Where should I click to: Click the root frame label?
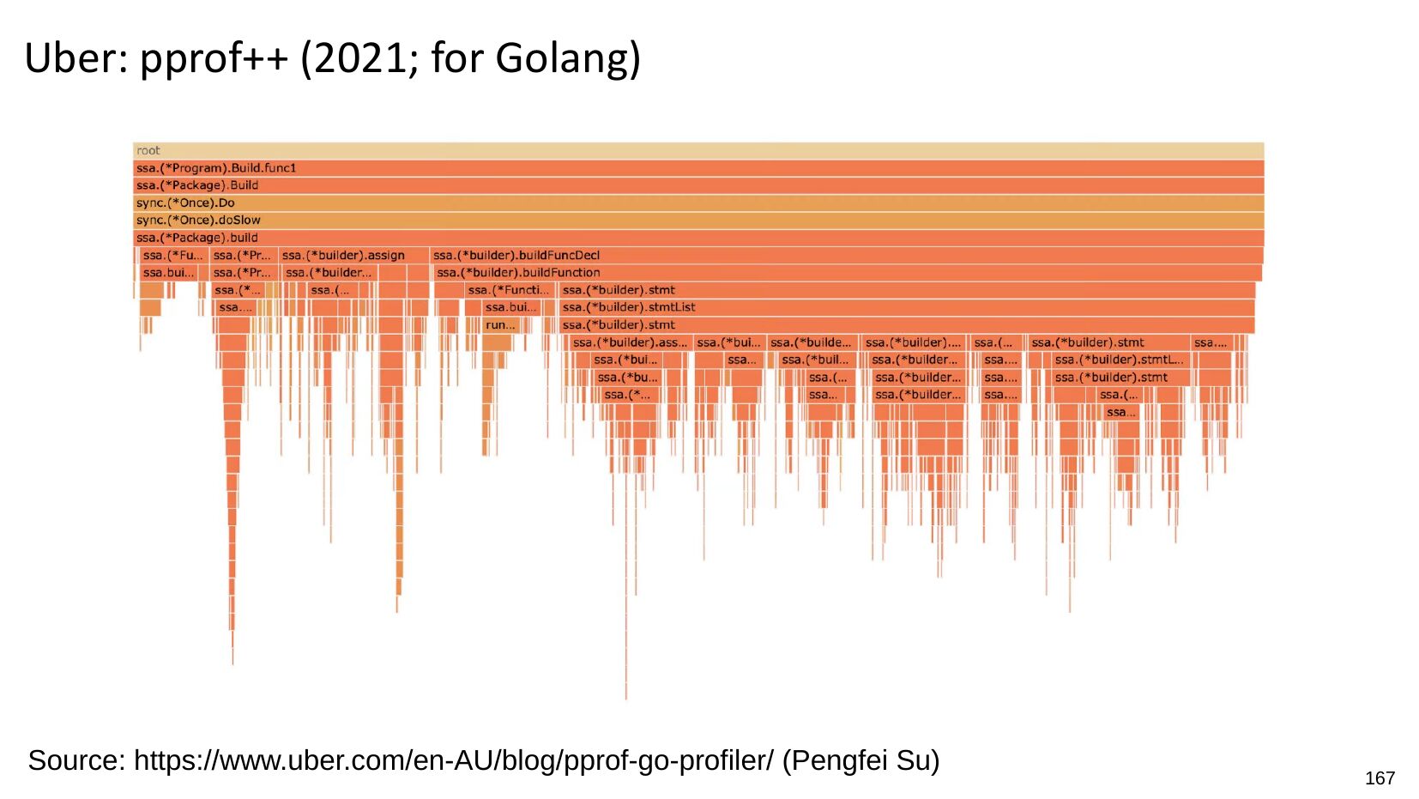[148, 151]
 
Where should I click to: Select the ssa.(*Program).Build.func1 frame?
[216, 168]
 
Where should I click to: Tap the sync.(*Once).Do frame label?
[185, 203]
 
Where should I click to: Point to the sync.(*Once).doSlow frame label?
[198, 221]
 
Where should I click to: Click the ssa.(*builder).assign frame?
[343, 256]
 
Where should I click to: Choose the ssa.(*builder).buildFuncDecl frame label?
[516, 256]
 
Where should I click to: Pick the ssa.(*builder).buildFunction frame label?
[518, 273]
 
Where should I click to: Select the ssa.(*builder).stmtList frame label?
[629, 307]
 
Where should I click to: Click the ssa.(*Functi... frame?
[508, 290]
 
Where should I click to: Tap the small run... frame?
[500, 325]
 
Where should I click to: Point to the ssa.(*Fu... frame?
[172, 256]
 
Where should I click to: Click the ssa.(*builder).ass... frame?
[630, 342]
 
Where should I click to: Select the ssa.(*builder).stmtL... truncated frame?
[1119, 360]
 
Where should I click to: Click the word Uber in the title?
[70, 58]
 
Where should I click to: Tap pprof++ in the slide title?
[214, 58]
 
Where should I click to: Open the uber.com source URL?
[454, 760]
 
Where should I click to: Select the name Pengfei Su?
[860, 760]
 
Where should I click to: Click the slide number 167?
[1380, 778]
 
